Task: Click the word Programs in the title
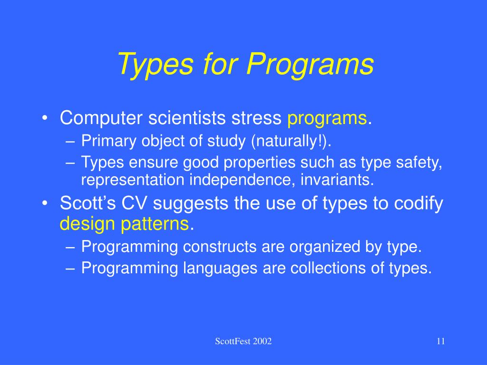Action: coord(310,65)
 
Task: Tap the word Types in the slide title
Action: coord(156,65)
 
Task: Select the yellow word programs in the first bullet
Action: coord(327,119)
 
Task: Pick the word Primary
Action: coord(109,142)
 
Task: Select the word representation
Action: coord(133,180)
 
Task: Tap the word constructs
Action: coord(220,247)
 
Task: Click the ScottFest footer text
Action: coord(243,341)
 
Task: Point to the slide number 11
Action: coord(441,341)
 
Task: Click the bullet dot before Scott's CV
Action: coord(45,203)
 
